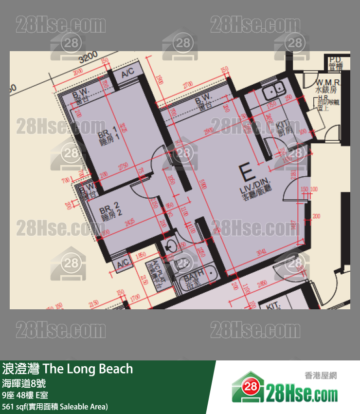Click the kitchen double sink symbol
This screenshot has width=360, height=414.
pos(273,90)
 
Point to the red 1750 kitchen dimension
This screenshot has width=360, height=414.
pos(271,104)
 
